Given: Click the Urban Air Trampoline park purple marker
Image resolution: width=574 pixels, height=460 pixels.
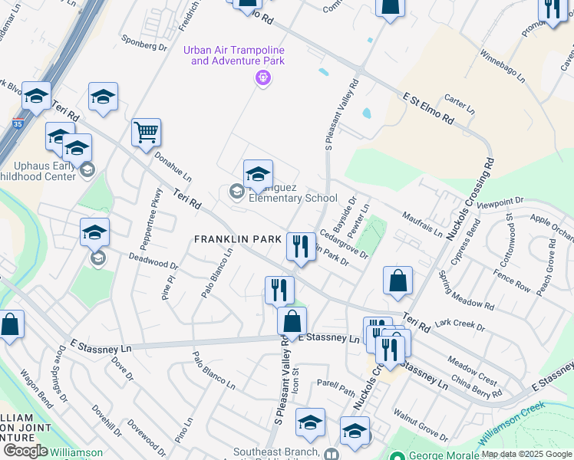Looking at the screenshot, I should coord(263,77).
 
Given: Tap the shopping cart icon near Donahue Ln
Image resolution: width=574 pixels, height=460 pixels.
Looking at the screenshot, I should coord(146,133).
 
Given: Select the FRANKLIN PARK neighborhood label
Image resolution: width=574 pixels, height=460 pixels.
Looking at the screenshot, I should coord(238,240).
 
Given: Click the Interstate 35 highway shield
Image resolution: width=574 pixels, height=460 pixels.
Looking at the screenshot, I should coord(18,123).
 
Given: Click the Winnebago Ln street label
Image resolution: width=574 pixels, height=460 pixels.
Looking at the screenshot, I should coord(503,67).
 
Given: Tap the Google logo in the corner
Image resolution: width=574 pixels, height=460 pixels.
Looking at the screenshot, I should coord(25,451).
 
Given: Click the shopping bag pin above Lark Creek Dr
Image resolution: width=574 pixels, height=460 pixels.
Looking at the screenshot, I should coord(398,281).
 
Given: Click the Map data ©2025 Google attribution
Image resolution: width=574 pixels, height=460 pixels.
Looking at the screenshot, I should coord(527,454).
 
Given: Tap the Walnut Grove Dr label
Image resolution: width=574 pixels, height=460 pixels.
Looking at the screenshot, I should coord(421,426).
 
